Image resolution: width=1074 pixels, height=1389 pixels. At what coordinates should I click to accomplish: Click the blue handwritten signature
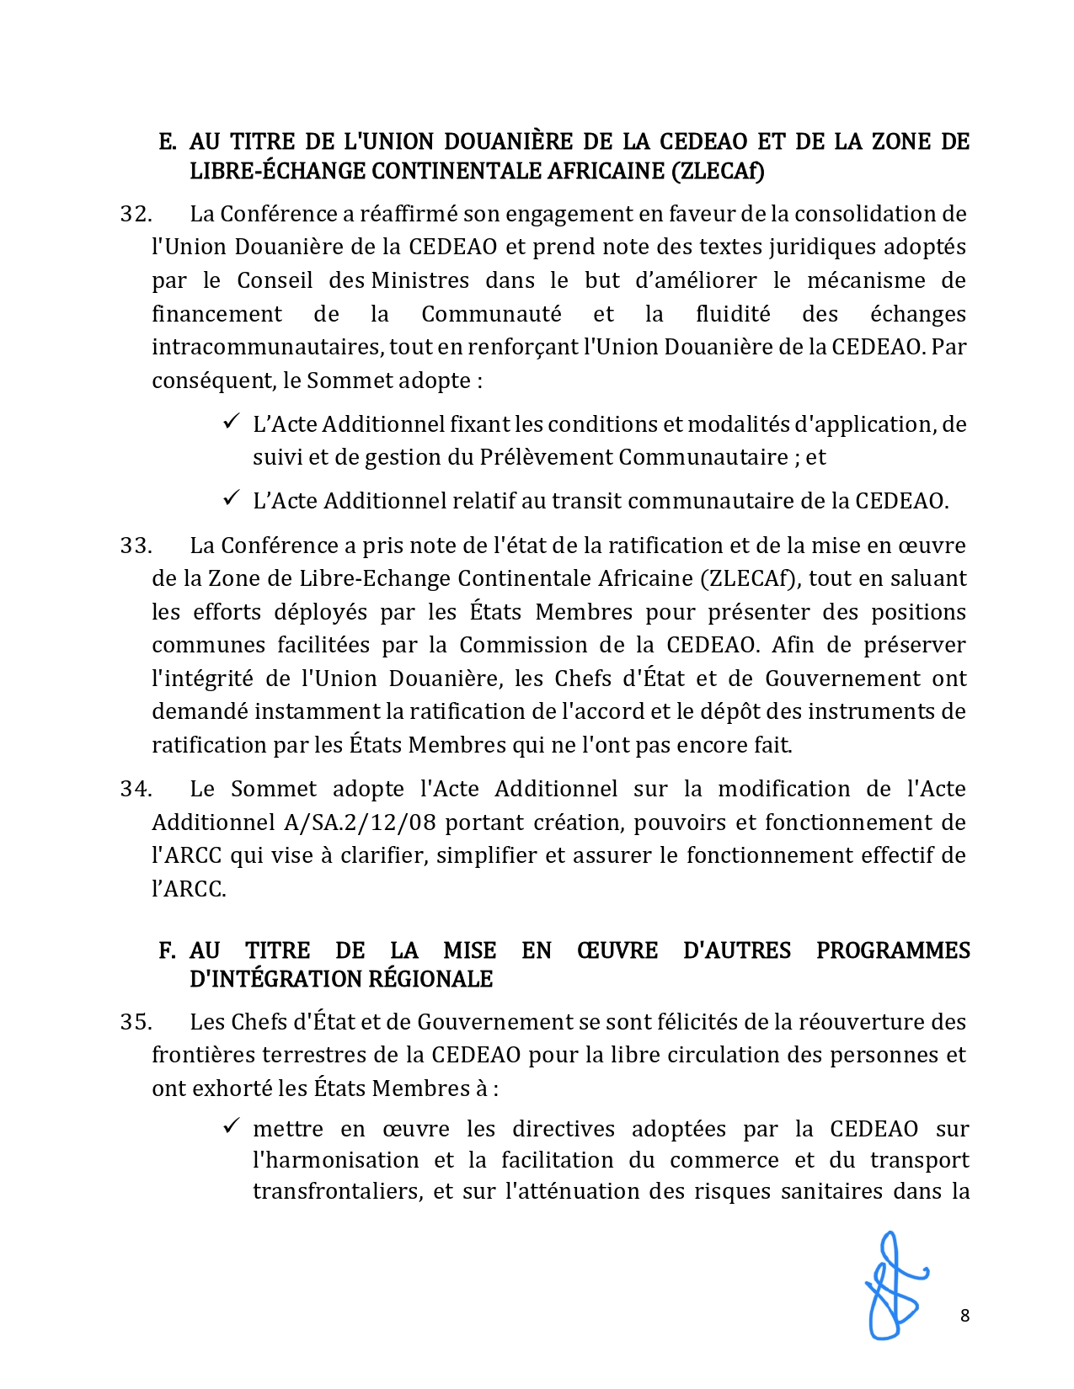coord(895,1286)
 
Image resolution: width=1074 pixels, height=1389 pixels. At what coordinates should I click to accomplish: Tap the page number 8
coord(964,1316)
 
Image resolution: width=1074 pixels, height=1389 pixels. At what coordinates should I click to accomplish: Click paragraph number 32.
coord(136,215)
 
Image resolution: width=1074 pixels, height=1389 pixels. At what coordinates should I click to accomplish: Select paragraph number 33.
coord(136,546)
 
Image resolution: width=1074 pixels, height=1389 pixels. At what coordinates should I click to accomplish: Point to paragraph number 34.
coord(136,790)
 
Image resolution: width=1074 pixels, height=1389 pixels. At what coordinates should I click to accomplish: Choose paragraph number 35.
coord(136,1023)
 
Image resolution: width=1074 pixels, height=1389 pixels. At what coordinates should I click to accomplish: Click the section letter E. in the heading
coord(167,142)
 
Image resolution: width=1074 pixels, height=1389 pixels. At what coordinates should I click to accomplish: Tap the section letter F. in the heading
coord(167,951)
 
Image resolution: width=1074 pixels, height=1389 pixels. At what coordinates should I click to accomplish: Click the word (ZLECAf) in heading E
coord(718,172)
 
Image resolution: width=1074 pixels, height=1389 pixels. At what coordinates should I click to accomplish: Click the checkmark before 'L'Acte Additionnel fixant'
coord(232,422)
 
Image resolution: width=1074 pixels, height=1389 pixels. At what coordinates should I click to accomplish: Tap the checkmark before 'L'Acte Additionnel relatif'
coord(232,498)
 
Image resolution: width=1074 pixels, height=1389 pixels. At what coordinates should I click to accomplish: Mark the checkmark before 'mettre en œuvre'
coord(232,1126)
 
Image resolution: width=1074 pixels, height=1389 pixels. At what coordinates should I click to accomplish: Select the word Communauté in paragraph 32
coord(491,315)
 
